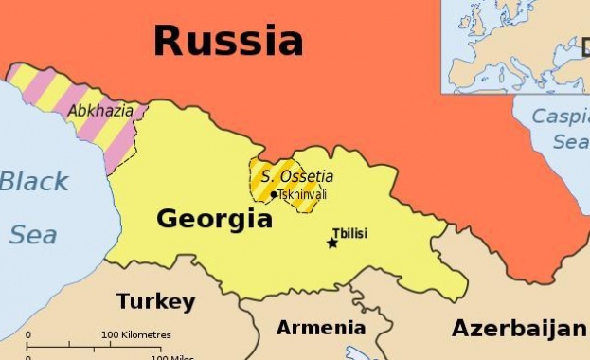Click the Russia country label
click(228, 41)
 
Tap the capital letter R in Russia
click(169, 41)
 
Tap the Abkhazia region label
click(99, 110)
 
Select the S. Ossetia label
click(297, 176)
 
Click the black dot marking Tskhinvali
click(274, 195)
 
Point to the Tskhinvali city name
click(302, 195)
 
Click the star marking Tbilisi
click(331, 243)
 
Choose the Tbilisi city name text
click(349, 233)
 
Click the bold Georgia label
click(214, 220)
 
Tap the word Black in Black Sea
click(34, 181)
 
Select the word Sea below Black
click(33, 234)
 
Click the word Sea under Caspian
click(570, 142)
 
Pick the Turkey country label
click(155, 302)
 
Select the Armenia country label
click(320, 328)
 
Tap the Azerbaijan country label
click(518, 329)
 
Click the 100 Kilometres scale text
click(136, 334)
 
